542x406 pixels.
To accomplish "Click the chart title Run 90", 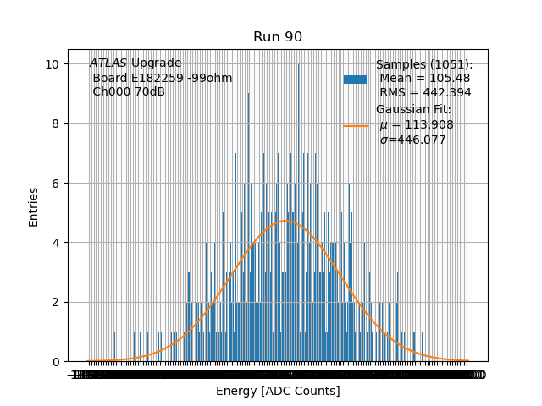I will [278, 37].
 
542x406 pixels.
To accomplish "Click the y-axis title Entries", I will [34, 206].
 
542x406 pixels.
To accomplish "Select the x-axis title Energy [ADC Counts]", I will [278, 391].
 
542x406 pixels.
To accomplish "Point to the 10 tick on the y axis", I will [52, 64].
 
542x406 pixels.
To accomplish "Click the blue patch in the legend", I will [355, 80].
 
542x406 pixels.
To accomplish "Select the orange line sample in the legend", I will [355, 125].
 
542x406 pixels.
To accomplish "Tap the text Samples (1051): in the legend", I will [424, 65].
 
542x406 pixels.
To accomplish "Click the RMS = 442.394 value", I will [425, 93].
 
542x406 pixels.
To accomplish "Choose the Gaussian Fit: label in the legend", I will [413, 110].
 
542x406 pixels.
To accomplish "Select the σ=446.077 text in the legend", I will [412, 140].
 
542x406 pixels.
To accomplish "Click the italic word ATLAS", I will [108, 63].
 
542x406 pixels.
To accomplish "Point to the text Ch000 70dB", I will [129, 92].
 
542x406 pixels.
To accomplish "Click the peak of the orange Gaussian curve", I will [285, 221].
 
